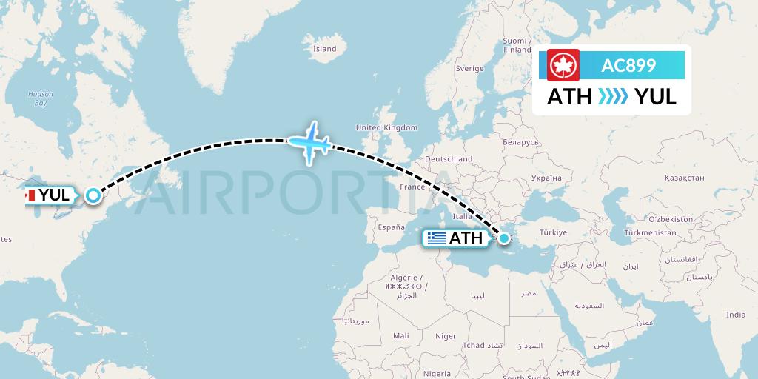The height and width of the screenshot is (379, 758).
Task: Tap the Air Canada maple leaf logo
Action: coord(563,65)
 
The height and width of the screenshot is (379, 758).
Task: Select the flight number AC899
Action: coord(628,65)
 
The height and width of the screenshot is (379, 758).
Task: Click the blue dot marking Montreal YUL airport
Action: coord(93,195)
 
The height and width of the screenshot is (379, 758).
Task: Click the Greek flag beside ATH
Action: coord(437,238)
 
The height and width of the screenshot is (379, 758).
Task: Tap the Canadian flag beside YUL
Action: coord(30,195)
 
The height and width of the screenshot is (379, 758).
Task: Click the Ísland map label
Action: coord(324,49)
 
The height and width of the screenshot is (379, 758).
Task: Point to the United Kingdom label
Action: coord(386,127)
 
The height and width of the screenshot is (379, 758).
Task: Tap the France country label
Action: coord(412,187)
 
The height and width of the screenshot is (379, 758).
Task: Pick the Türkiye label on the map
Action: coord(552,232)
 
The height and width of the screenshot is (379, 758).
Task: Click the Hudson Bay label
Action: coord(36,99)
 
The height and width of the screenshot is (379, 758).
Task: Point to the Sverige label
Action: coord(469,69)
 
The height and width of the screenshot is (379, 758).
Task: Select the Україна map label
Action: coord(546,178)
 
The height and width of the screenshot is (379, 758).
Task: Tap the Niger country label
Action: coord(446,335)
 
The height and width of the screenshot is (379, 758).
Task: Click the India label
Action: coord(735,315)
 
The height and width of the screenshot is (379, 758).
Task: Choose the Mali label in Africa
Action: coord(401,335)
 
